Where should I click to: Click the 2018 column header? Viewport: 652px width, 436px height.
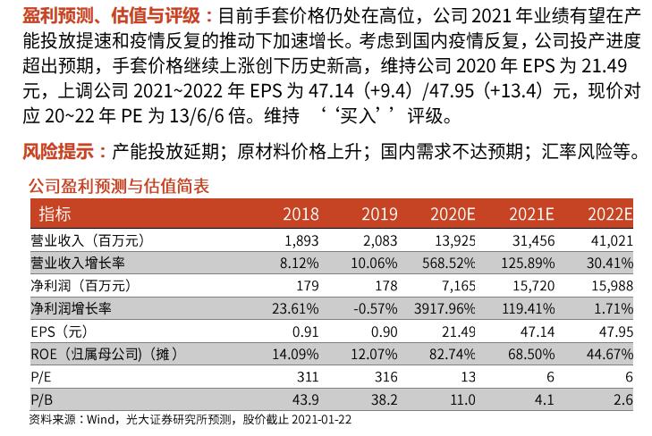(x=301, y=214)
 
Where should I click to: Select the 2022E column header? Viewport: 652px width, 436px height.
(x=610, y=214)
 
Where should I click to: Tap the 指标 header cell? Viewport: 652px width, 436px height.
(x=55, y=214)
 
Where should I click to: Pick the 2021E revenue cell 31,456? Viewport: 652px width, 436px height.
(x=533, y=240)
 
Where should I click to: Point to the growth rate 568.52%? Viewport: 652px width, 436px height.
(x=448, y=263)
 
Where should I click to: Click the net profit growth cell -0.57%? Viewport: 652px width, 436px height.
(x=377, y=308)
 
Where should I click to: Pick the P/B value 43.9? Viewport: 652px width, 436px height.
(x=307, y=398)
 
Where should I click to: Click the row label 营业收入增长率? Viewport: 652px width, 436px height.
(x=77, y=263)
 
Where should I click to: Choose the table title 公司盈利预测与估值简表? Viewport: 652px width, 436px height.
(x=119, y=186)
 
